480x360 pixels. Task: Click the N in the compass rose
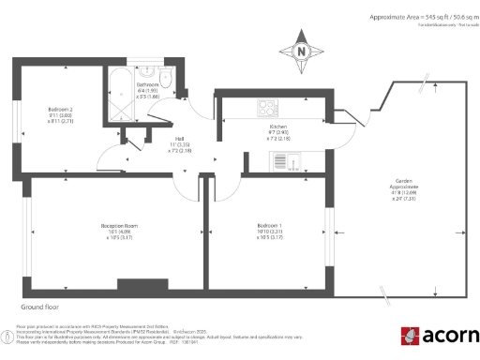click(x=301, y=52)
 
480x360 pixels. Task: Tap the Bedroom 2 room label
click(x=61, y=114)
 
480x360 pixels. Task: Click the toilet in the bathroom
click(x=166, y=77)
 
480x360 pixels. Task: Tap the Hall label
click(x=177, y=141)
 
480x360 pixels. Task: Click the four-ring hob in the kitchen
click(x=265, y=105)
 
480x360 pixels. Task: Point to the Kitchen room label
click(x=277, y=127)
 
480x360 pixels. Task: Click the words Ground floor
click(x=38, y=307)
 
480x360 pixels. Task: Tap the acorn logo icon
click(x=409, y=336)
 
